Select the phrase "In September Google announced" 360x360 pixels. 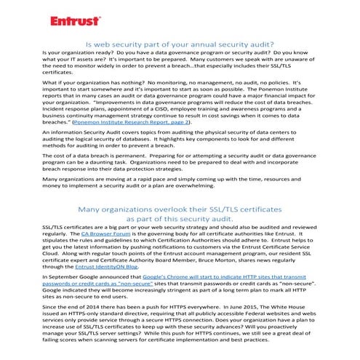[85, 279]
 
